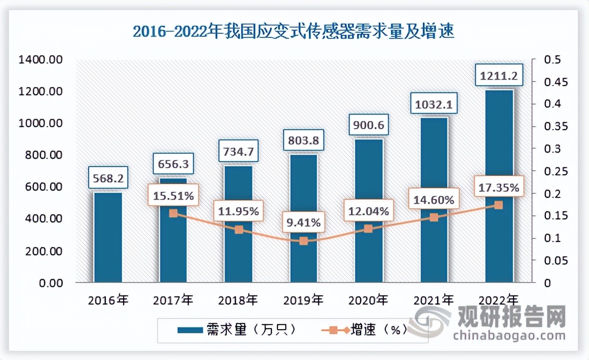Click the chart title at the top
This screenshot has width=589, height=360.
point(293,32)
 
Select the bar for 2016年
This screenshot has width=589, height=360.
point(108,237)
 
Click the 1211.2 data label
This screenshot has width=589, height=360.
point(499,76)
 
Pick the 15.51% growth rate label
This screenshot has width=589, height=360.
point(173,195)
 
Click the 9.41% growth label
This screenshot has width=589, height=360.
point(303,223)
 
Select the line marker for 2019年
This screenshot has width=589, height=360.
point(303,241)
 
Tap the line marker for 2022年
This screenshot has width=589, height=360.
point(499,205)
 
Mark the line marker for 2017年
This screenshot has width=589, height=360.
point(173,213)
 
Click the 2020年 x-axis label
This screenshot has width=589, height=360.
point(368,299)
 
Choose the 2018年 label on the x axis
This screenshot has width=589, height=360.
point(238,299)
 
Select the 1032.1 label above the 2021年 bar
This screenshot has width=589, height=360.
point(434,106)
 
